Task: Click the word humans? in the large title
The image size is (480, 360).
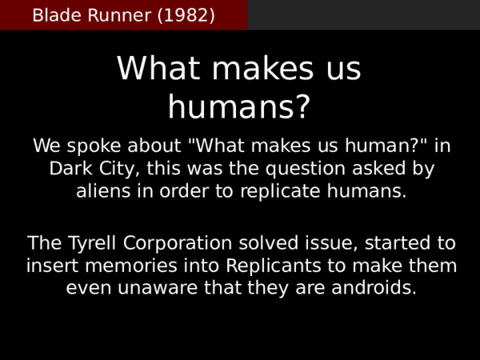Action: (238, 107)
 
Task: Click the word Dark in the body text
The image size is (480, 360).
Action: (70, 170)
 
